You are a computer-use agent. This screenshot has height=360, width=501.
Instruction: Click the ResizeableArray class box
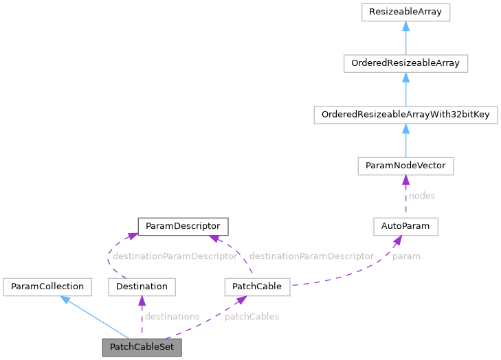tap(405, 12)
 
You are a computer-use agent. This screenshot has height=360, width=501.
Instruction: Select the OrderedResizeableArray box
tap(405, 64)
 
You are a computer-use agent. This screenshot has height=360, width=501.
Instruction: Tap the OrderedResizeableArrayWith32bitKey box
tap(405, 115)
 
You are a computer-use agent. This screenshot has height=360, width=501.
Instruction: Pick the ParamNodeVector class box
tap(405, 166)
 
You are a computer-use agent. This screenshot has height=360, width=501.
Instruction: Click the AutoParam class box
tap(405, 225)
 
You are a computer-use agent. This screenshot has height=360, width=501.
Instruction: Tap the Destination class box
tap(142, 286)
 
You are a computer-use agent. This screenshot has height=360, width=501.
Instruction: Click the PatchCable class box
tap(257, 286)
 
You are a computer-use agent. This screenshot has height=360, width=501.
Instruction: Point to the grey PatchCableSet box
tap(142, 347)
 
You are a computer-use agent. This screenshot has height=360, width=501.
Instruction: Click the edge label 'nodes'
tap(421, 196)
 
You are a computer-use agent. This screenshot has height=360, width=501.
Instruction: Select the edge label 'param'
tap(406, 256)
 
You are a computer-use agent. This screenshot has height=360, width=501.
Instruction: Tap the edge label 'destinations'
tap(172, 317)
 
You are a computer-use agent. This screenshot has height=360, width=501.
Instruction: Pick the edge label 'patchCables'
tap(252, 317)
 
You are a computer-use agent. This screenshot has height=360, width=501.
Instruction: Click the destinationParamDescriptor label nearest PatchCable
tap(311, 256)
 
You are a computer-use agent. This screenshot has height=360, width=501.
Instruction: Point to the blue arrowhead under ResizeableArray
tap(405, 27)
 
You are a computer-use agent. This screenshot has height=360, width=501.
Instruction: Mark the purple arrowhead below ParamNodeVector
tap(405, 180)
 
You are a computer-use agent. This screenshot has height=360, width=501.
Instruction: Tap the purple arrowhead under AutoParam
tap(397, 240)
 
